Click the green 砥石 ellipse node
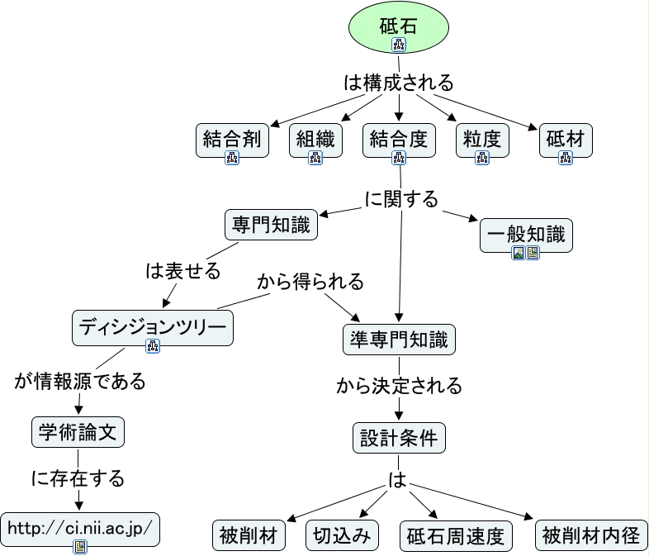[x=399, y=27]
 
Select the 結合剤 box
[x=232, y=140]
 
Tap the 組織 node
[x=315, y=140]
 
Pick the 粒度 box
[x=482, y=140]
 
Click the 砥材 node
[x=566, y=140]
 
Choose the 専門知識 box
[x=271, y=225]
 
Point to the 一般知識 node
[x=526, y=235]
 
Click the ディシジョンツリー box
[x=153, y=328]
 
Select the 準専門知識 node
[x=399, y=340]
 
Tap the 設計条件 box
[x=399, y=438]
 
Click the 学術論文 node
[x=78, y=432]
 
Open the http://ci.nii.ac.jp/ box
[x=80, y=530]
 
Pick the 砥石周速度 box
[x=456, y=536]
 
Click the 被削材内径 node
[x=591, y=535]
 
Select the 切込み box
[x=342, y=535]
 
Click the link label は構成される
[x=399, y=83]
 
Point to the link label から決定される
[x=399, y=386]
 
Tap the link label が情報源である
[x=80, y=381]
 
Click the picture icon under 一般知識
[x=519, y=253]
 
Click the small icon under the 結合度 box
[x=399, y=158]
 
